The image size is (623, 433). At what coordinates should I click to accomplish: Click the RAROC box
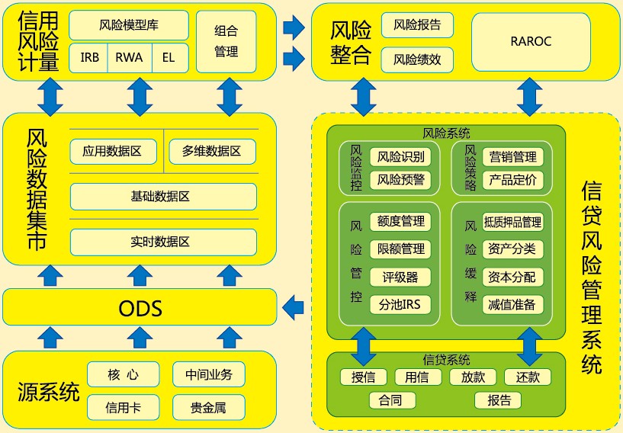pyautogui.click(x=531, y=41)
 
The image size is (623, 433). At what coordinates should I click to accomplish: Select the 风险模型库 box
pyautogui.click(x=128, y=24)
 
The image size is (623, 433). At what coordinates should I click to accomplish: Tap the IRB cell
pyautogui.click(x=89, y=58)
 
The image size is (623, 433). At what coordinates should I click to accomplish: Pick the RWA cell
pyautogui.click(x=129, y=58)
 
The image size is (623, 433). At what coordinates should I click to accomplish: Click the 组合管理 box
pyautogui.click(x=226, y=41)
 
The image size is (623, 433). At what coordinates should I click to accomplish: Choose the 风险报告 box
pyautogui.click(x=417, y=24)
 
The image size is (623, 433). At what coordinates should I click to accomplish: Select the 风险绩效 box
pyautogui.click(x=417, y=59)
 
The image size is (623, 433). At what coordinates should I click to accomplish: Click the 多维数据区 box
pyautogui.click(x=212, y=151)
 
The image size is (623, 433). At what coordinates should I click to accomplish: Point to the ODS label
pyautogui.click(x=140, y=309)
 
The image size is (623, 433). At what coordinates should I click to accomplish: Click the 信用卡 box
pyautogui.click(x=123, y=407)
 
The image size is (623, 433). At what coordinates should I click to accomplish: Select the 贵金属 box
pyautogui.click(x=208, y=407)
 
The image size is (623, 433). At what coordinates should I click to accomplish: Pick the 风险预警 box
pyautogui.click(x=400, y=180)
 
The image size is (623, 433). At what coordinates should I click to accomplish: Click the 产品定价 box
pyautogui.click(x=513, y=180)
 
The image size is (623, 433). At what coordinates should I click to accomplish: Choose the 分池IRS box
pyautogui.click(x=400, y=304)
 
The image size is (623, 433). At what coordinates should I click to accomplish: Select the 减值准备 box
pyautogui.click(x=513, y=304)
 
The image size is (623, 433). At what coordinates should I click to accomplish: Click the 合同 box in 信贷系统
pyautogui.click(x=390, y=399)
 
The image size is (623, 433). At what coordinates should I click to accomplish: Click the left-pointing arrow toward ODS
pyautogui.click(x=293, y=308)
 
